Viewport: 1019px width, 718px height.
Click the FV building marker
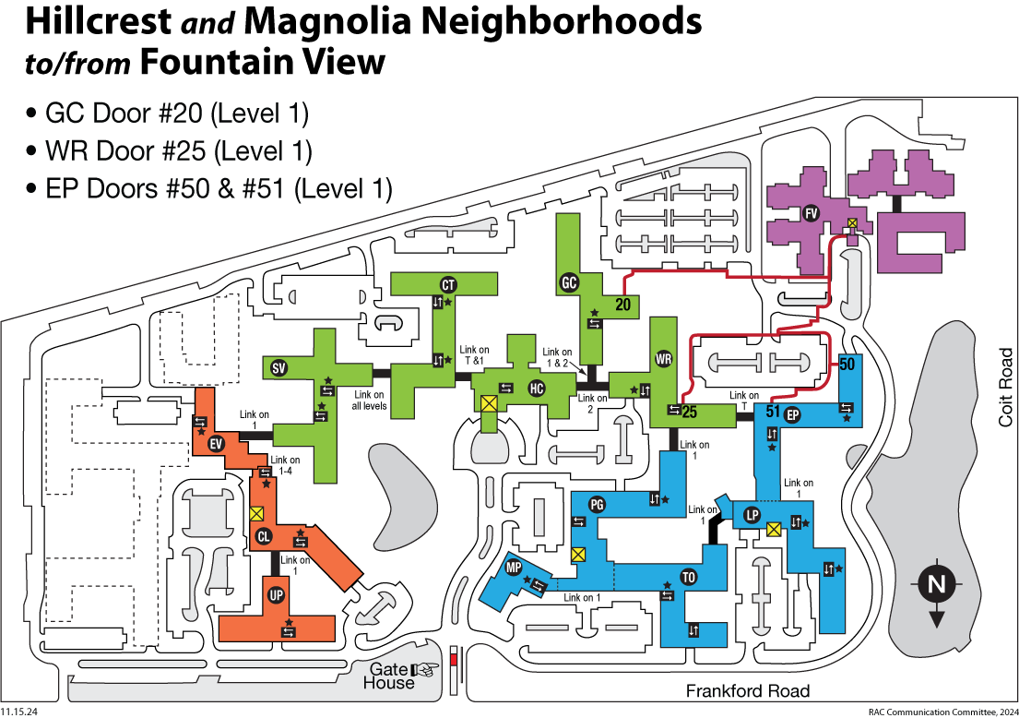[x=812, y=213]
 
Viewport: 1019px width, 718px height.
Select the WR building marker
[x=663, y=358]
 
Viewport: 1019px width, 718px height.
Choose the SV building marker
[x=278, y=369]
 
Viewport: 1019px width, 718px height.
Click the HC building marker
[x=537, y=389]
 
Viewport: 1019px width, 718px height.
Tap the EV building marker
[x=217, y=445]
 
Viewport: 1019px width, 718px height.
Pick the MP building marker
[x=514, y=568]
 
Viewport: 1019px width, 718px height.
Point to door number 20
[x=622, y=305]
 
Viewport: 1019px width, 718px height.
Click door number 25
[x=688, y=413]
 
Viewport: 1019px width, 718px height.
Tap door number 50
[x=848, y=364]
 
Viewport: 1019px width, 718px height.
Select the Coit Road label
[x=1005, y=387]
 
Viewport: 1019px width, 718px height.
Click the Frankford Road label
[x=748, y=691]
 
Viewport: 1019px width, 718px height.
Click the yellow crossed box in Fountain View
[x=853, y=222]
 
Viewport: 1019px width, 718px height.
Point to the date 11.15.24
[x=18, y=712]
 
